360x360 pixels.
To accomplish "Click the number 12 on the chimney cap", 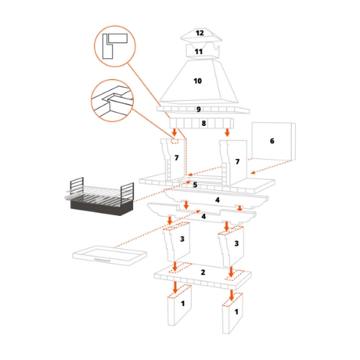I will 199,33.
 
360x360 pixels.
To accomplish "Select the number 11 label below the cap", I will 199,52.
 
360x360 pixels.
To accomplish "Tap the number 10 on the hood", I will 197,81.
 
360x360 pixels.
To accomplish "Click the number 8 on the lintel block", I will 204,124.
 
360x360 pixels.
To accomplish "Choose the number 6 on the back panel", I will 272,141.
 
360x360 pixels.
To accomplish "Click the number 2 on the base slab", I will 203,271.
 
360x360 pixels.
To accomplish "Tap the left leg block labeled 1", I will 183,304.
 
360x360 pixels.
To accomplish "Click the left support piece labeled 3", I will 183,238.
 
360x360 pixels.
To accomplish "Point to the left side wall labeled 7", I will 175,158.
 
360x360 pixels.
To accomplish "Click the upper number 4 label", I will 216,199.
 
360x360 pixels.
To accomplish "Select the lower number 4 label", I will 204,216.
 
